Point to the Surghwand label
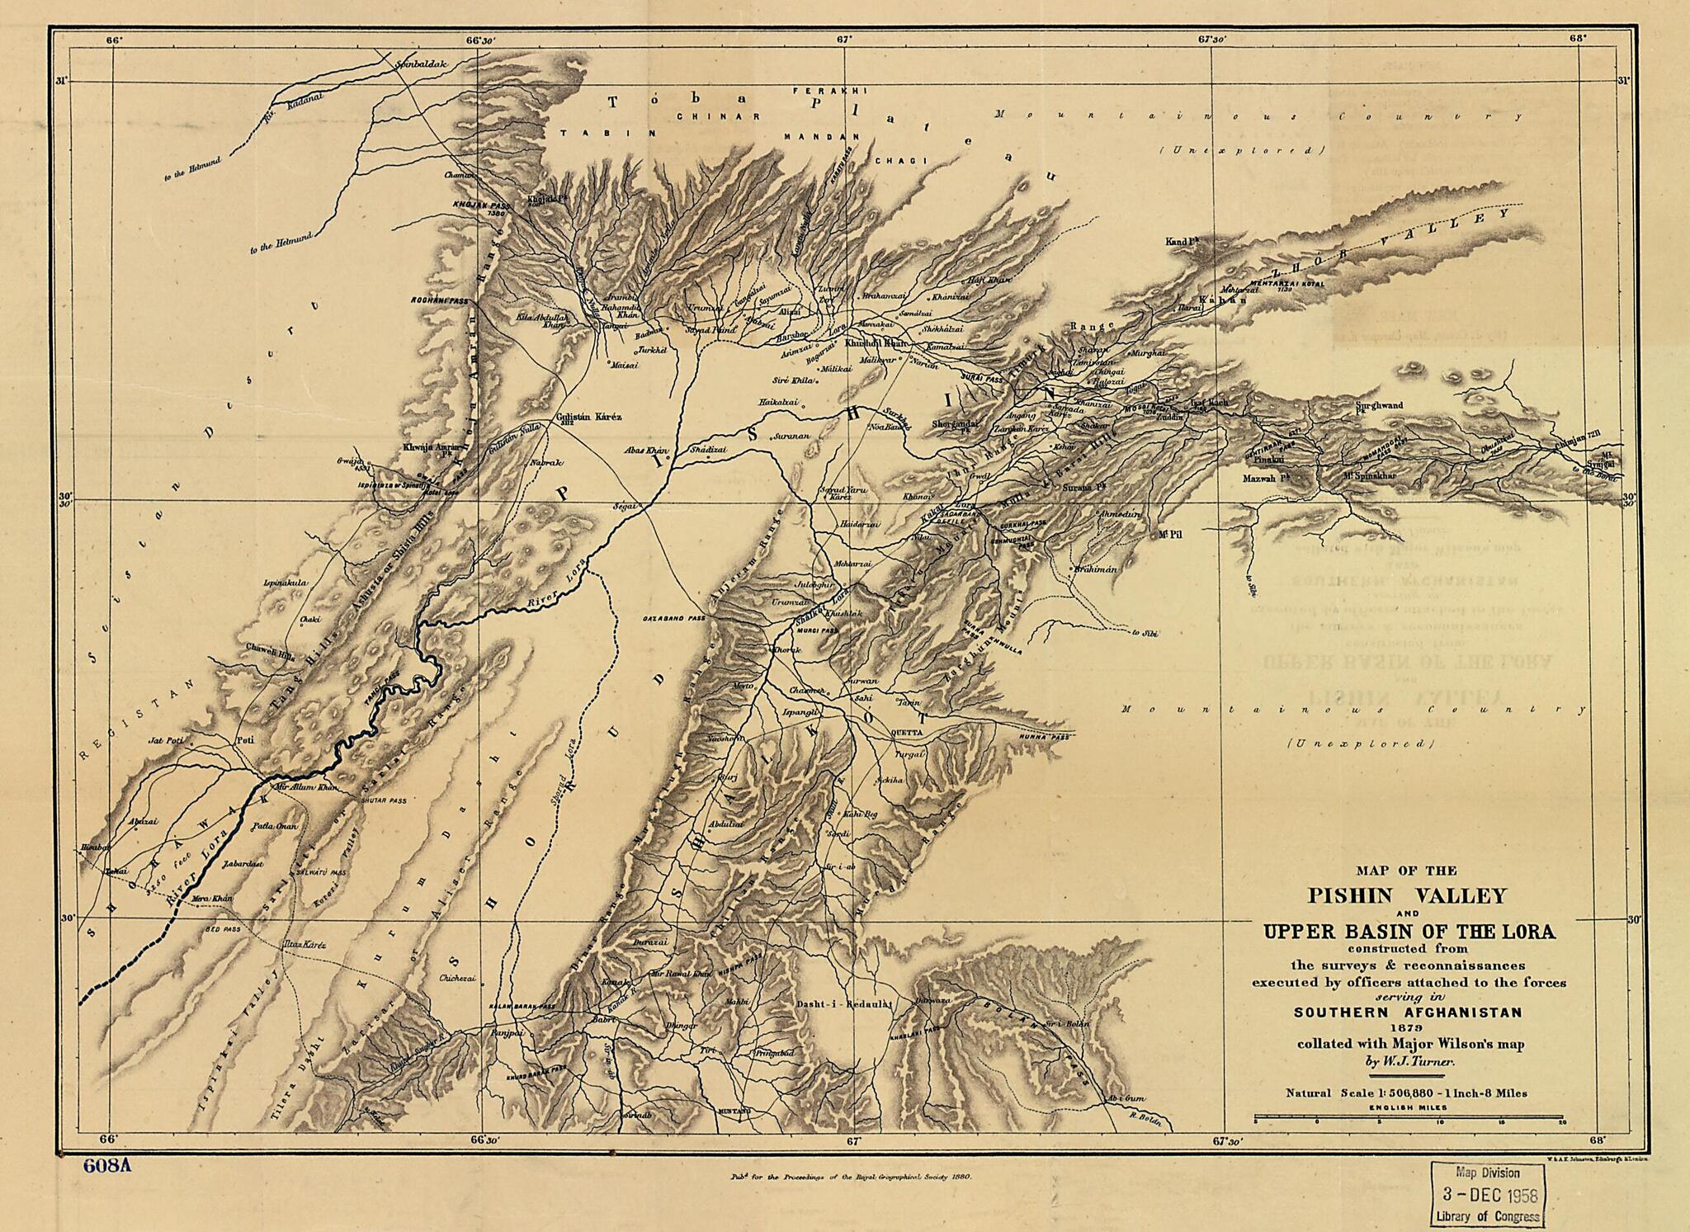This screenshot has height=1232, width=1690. (1379, 405)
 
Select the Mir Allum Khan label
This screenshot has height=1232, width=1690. (306, 787)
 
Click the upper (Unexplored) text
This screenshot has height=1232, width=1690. (1241, 150)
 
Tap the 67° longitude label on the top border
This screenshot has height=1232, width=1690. (843, 38)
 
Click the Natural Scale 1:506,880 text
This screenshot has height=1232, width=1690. (1406, 1093)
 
